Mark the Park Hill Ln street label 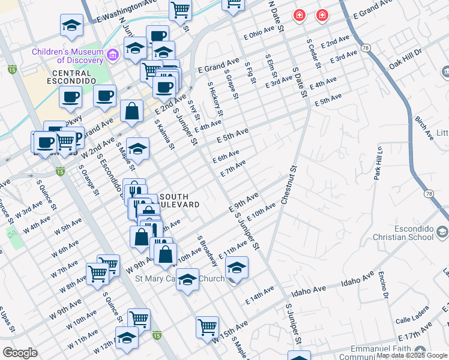[x=378, y=163]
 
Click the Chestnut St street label [x=289, y=187]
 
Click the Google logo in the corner [x=20, y=352]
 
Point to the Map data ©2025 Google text [x=412, y=355]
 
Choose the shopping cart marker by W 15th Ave [x=207, y=328]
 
